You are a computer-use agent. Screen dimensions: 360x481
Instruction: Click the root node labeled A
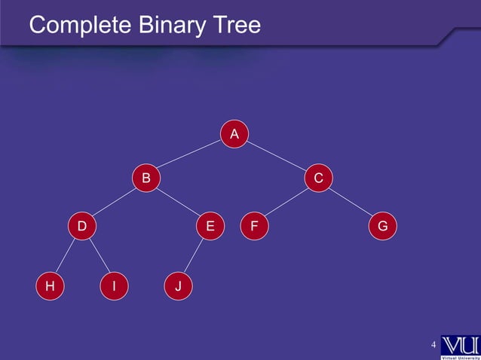click(x=234, y=134)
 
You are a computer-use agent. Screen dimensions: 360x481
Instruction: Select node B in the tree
click(x=146, y=178)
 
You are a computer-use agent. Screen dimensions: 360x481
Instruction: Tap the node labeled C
click(x=319, y=178)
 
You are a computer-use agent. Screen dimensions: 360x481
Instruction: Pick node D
click(x=81, y=225)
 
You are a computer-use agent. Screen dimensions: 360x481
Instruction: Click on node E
click(x=210, y=225)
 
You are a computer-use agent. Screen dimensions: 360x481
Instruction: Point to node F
click(x=255, y=225)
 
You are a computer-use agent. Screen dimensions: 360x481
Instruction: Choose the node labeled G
click(x=383, y=225)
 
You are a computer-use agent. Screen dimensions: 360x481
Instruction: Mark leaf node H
click(x=50, y=286)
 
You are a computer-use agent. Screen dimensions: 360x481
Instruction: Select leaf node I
click(x=114, y=286)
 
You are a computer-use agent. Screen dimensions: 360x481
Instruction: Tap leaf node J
click(x=178, y=286)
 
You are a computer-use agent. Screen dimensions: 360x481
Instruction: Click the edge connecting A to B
click(x=190, y=157)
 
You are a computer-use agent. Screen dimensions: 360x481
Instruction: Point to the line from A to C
click(x=277, y=157)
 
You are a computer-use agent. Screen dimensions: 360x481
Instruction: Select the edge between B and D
click(x=114, y=202)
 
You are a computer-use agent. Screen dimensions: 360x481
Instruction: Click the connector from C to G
click(x=351, y=202)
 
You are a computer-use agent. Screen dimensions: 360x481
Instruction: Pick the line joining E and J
click(x=194, y=256)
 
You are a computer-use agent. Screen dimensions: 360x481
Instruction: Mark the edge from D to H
click(x=66, y=256)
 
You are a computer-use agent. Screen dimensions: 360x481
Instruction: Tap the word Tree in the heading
click(x=234, y=26)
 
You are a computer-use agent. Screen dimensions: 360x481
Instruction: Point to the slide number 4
click(x=434, y=345)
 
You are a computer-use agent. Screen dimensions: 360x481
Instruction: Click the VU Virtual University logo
click(x=459, y=347)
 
